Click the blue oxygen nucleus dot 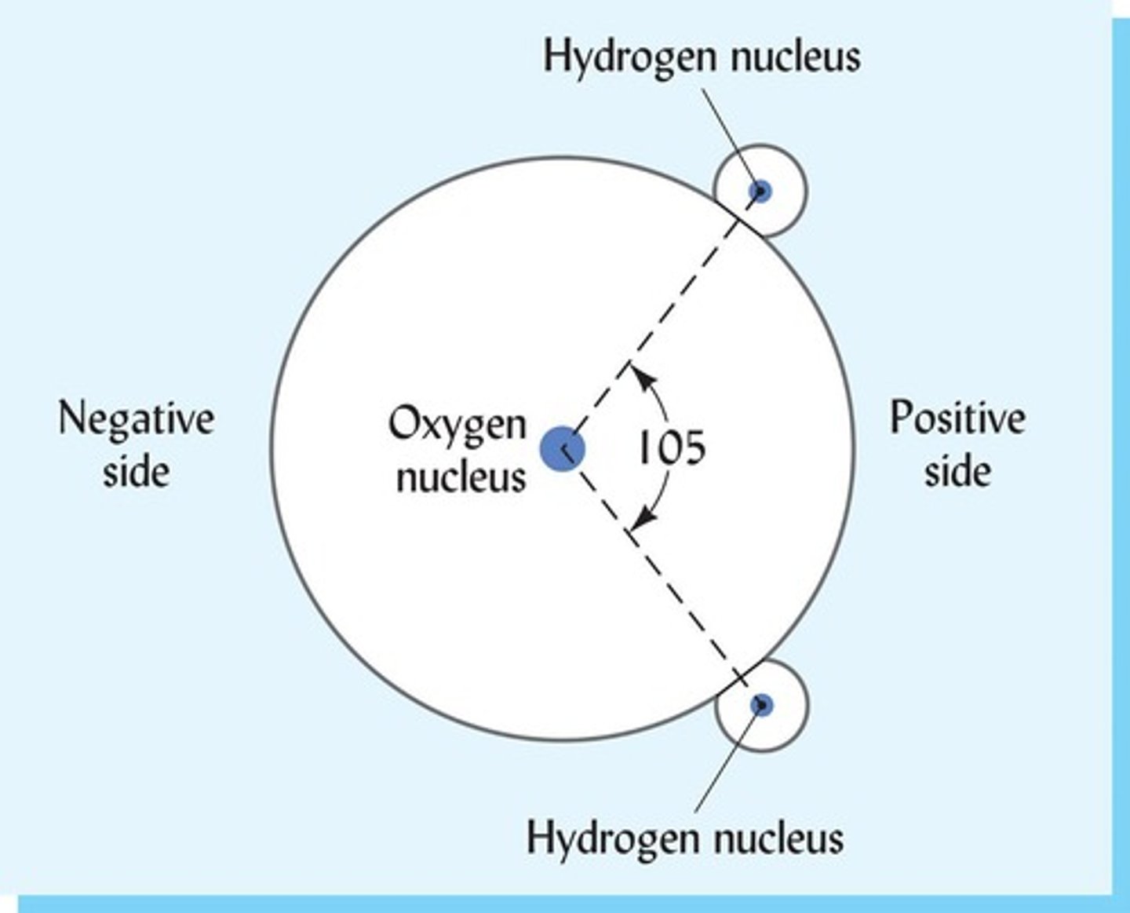coord(563,449)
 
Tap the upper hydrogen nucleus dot coord(760,191)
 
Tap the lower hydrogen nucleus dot coord(761,704)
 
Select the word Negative coord(136,419)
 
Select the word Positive coord(957,418)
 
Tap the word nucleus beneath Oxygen coord(461,476)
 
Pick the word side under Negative coord(136,471)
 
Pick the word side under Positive coord(957,471)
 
